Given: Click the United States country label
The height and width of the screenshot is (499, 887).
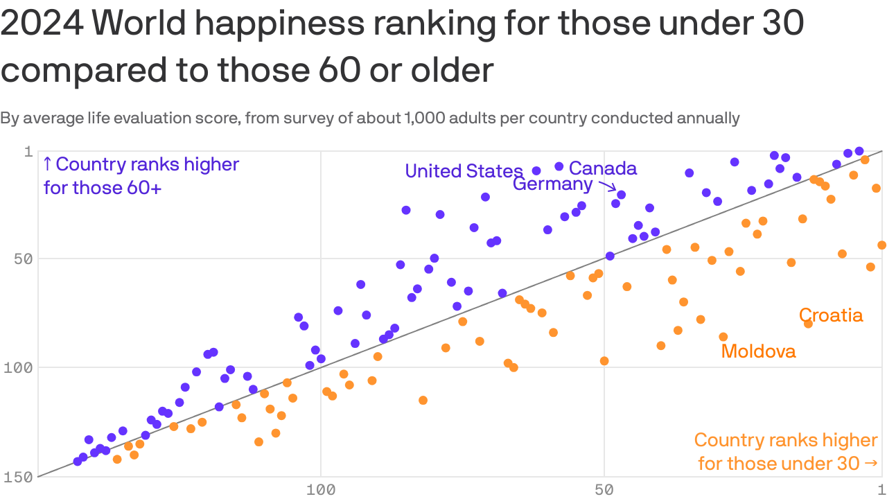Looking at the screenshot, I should pyautogui.click(x=463, y=170).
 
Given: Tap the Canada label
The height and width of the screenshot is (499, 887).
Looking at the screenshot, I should pyautogui.click(x=602, y=168).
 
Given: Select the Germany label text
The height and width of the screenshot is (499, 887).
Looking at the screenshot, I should pyautogui.click(x=552, y=184).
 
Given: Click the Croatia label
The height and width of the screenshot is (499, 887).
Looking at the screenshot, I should pyautogui.click(x=831, y=315).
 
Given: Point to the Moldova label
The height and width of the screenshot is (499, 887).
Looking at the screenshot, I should pyautogui.click(x=758, y=351).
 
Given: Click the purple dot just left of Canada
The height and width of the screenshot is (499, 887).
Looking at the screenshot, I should pyautogui.click(x=559, y=166).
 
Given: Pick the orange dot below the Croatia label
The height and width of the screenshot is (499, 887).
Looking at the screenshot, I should pyautogui.click(x=808, y=324).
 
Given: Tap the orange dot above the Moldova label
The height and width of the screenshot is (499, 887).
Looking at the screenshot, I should pyautogui.click(x=723, y=337).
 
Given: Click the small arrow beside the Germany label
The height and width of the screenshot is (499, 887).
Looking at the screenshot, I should pyautogui.click(x=607, y=185).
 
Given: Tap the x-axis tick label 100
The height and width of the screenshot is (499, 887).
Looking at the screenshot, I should pyautogui.click(x=321, y=490).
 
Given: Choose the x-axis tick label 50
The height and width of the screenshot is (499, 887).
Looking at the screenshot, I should pyautogui.click(x=604, y=490).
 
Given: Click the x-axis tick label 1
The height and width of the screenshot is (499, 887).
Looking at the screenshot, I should pyautogui.click(x=880, y=490).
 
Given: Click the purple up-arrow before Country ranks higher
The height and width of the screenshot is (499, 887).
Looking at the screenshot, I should pyautogui.click(x=47, y=165).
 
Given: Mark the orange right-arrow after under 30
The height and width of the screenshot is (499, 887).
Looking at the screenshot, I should pyautogui.click(x=872, y=463).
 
